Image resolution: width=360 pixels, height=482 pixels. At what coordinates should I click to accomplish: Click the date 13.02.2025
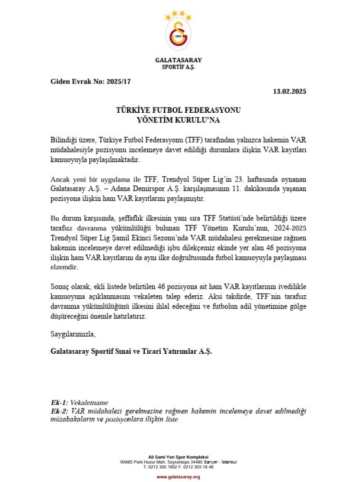(x=289, y=91)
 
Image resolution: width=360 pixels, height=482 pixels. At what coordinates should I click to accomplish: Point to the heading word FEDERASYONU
(x=214, y=110)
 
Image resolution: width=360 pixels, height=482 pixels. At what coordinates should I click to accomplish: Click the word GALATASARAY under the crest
(x=178, y=60)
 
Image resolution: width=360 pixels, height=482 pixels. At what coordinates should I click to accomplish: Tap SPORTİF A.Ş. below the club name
(x=178, y=67)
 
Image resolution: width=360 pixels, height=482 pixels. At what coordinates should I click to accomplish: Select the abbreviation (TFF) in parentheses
(x=194, y=139)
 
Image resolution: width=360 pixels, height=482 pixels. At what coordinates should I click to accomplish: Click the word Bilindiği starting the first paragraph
(x=63, y=139)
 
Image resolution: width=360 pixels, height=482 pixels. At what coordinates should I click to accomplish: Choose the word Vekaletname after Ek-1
(x=89, y=403)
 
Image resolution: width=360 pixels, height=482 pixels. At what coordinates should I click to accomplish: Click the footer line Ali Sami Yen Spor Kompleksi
(x=178, y=457)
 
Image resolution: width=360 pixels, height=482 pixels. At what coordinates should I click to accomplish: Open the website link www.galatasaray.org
(x=178, y=477)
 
